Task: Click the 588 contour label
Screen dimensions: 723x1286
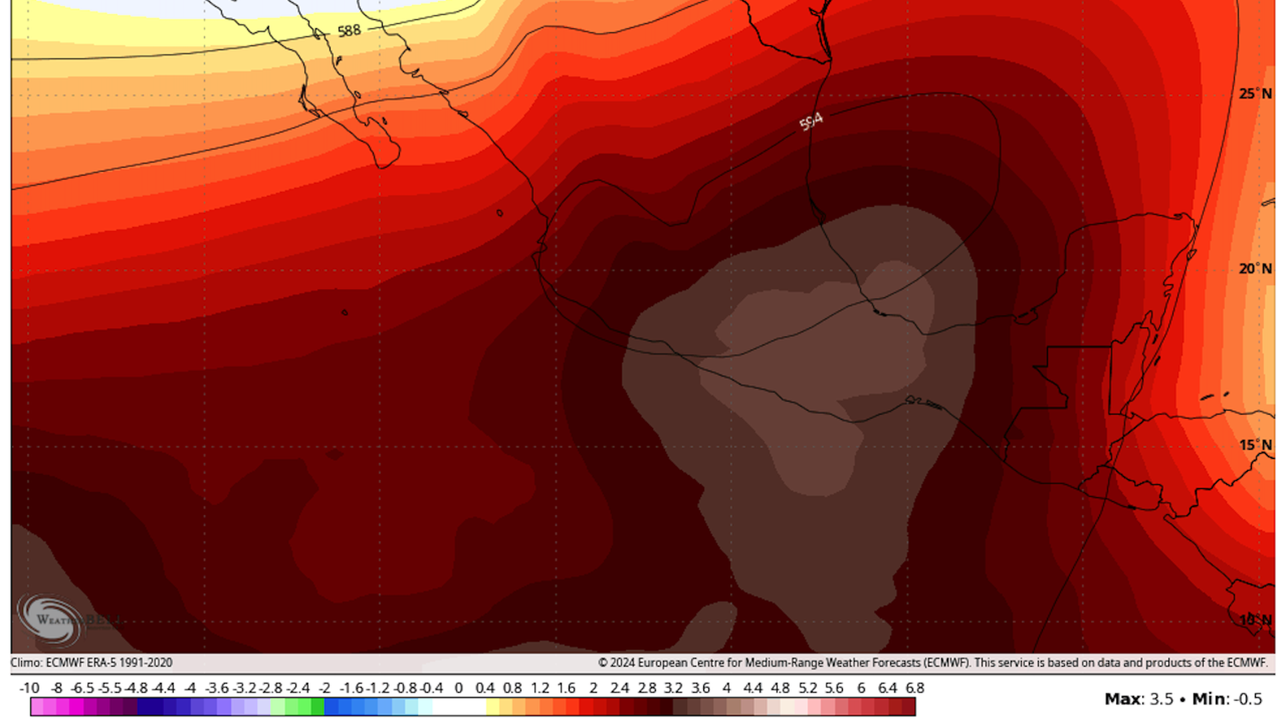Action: click(x=349, y=31)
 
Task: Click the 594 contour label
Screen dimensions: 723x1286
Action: click(x=810, y=122)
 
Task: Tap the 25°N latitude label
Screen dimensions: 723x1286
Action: click(x=1255, y=94)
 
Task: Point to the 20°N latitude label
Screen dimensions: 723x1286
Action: click(x=1255, y=268)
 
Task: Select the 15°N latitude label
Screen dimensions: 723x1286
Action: click(x=1255, y=445)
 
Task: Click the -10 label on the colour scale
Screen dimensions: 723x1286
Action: click(x=29, y=688)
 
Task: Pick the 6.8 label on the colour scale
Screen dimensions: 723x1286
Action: click(x=915, y=688)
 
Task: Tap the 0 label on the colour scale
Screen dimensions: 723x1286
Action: click(x=459, y=688)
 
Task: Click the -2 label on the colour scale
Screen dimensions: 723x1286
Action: click(x=324, y=688)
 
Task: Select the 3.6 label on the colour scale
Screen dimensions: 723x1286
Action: click(x=701, y=688)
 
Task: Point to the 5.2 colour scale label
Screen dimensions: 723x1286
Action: click(x=808, y=688)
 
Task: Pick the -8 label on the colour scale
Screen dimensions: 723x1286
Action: click(x=57, y=688)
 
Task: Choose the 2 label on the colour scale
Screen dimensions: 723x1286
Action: click(x=593, y=688)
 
